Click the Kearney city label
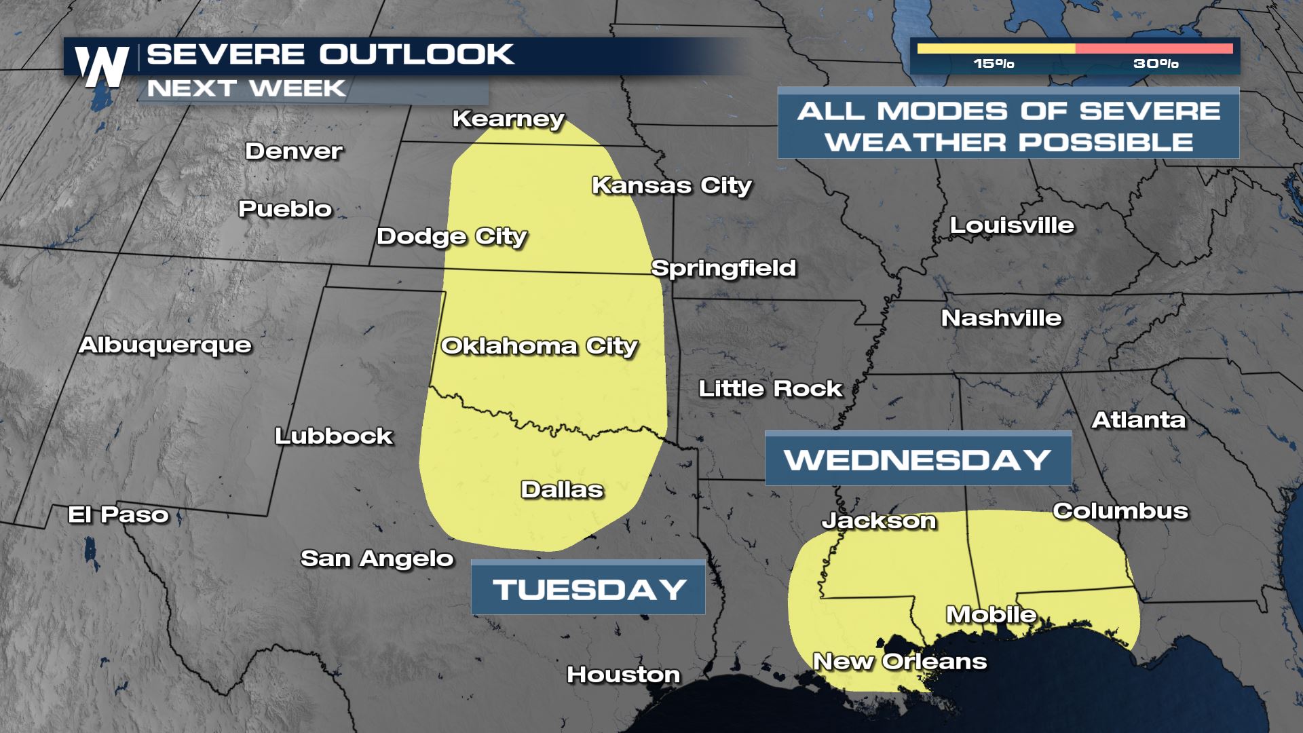pyautogui.click(x=508, y=119)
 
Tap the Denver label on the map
pyautogui.click(x=294, y=151)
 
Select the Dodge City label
pyautogui.click(x=452, y=236)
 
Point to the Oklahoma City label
pyautogui.click(x=540, y=346)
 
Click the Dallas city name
pyautogui.click(x=562, y=489)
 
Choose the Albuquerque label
pyautogui.click(x=166, y=345)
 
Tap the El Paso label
pyautogui.click(x=118, y=514)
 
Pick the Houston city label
pyautogui.click(x=623, y=674)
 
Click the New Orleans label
pyautogui.click(x=900, y=661)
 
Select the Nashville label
pyautogui.click(x=1001, y=318)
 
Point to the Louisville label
pyautogui.click(x=1012, y=225)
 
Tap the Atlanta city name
pyautogui.click(x=1139, y=420)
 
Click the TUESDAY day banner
pyautogui.click(x=588, y=588)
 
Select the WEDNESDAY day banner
pyautogui.click(x=918, y=459)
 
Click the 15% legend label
pyautogui.click(x=994, y=64)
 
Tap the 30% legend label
pyautogui.click(x=1156, y=64)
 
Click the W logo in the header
pyautogui.click(x=102, y=67)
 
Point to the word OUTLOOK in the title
pyautogui.click(x=417, y=55)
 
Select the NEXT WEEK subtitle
pyautogui.click(x=247, y=89)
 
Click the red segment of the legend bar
pyautogui.click(x=1154, y=49)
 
